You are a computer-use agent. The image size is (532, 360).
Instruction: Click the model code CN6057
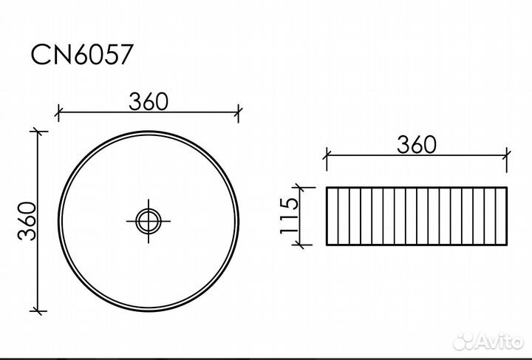pos(82,55)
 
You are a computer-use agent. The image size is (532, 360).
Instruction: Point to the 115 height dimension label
pos(290,217)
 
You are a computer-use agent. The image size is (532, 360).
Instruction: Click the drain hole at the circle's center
pos(149,220)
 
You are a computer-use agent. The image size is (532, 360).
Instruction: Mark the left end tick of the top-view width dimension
pos(58,113)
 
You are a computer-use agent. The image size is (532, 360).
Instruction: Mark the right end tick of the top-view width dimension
pos(239,113)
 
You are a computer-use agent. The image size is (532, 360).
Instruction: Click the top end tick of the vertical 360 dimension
pos(38,132)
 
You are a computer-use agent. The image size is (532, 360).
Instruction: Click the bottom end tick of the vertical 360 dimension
pos(38,310)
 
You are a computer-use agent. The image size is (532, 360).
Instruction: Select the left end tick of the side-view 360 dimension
pos(327,154)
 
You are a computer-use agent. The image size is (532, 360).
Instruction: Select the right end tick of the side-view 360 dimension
pos(507,154)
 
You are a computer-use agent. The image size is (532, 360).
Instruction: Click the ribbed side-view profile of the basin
pos(417,217)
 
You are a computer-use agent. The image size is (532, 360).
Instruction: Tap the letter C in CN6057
pos(39,55)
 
